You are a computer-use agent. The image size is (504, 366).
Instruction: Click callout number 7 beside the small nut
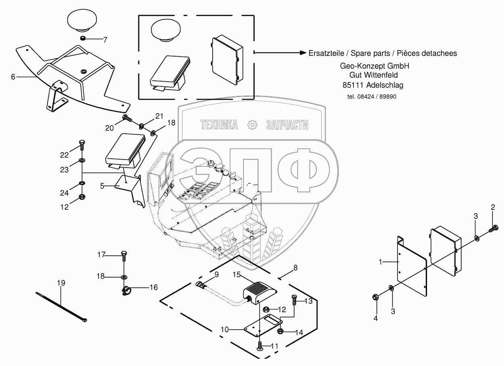tap(105, 40)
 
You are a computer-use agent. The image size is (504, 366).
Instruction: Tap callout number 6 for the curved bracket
tap(13, 76)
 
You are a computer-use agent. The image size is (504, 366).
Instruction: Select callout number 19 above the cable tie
tap(61, 283)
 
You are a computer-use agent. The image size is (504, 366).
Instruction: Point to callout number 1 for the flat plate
tap(380, 262)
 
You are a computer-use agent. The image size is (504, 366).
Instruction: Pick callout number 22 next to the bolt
tap(65, 155)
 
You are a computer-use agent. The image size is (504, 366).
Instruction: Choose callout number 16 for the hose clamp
tap(153, 287)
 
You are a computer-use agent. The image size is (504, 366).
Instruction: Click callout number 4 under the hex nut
tap(376, 318)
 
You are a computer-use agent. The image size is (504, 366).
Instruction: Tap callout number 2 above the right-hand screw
tap(493, 208)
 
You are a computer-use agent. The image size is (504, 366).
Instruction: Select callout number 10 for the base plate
tap(225, 329)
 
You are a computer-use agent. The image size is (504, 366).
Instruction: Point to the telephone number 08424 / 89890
tap(372, 97)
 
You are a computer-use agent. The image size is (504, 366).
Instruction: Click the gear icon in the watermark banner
tap(252, 125)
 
